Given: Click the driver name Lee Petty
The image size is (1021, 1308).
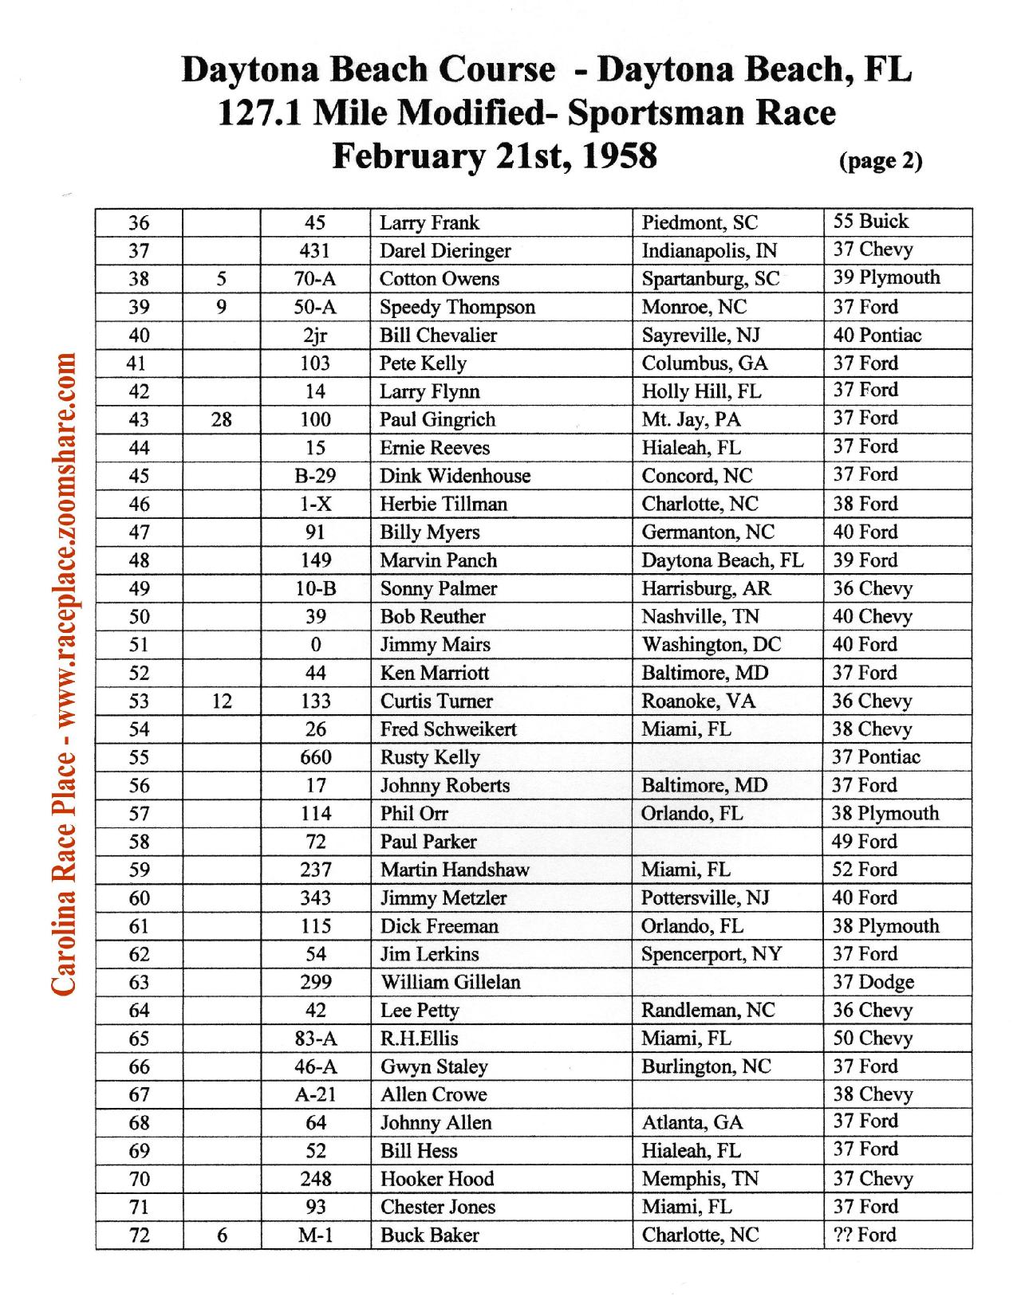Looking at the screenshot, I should [420, 1011].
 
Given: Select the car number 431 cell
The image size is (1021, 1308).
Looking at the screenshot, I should [315, 251].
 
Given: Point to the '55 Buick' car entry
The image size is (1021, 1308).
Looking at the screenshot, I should [871, 222].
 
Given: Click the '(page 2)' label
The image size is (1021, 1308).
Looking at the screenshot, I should [881, 161].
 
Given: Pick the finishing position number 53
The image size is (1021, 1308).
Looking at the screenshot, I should [139, 701].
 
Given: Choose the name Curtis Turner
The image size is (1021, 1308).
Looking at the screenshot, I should [436, 701].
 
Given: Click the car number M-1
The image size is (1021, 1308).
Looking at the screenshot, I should [315, 1235].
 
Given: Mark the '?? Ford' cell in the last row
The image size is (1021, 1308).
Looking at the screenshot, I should [865, 1235].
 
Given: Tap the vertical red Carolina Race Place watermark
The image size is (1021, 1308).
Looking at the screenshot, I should [64, 674].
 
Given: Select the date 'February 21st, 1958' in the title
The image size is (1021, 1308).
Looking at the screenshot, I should [495, 155].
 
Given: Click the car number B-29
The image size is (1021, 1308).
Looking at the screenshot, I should [315, 477].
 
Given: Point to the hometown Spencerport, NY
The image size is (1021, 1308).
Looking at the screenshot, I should [712, 954].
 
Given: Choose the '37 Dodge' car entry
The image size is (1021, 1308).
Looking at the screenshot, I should [873, 982].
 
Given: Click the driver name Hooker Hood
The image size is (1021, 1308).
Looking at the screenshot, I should [437, 1179].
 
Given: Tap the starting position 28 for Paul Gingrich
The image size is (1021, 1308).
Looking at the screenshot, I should [222, 420].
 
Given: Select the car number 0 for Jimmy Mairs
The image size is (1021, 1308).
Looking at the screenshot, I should [316, 645].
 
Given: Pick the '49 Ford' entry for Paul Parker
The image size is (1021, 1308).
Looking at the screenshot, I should [865, 842].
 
